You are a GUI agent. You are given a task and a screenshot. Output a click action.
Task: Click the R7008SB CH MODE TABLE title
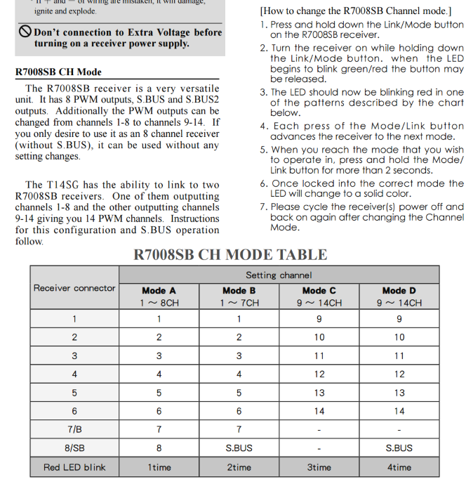pyautogui.click(x=230, y=255)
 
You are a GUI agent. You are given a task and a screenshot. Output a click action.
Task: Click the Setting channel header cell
pyautogui.click(x=279, y=275)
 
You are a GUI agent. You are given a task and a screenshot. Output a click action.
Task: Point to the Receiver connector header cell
pyautogui.click(x=74, y=288)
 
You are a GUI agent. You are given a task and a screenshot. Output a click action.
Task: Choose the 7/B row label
pyautogui.click(x=74, y=429)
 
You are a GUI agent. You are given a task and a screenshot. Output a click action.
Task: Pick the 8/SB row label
pyautogui.click(x=74, y=448)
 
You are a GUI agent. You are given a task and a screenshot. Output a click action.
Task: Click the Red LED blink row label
pyautogui.click(x=74, y=467)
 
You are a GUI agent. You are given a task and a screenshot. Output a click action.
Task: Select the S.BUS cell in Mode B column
pyautogui.click(x=239, y=448)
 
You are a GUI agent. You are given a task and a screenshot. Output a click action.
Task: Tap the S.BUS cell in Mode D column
pyautogui.click(x=399, y=448)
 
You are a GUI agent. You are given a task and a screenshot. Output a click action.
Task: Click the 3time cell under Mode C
pyautogui.click(x=319, y=467)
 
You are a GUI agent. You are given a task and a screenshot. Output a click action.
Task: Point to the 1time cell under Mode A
pyautogui.click(x=159, y=467)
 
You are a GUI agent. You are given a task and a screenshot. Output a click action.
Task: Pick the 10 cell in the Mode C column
pyautogui.click(x=319, y=337)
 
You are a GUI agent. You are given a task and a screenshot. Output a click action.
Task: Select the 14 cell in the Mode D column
pyautogui.click(x=399, y=411)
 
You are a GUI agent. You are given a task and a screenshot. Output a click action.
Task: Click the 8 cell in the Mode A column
pyautogui.click(x=159, y=448)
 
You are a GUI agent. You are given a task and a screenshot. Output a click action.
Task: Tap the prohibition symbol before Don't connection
pyautogui.click(x=25, y=32)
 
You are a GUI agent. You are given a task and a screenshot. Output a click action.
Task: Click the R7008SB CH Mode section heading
pyautogui.click(x=58, y=72)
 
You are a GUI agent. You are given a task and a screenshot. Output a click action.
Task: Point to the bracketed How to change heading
pyautogui.click(x=356, y=11)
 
